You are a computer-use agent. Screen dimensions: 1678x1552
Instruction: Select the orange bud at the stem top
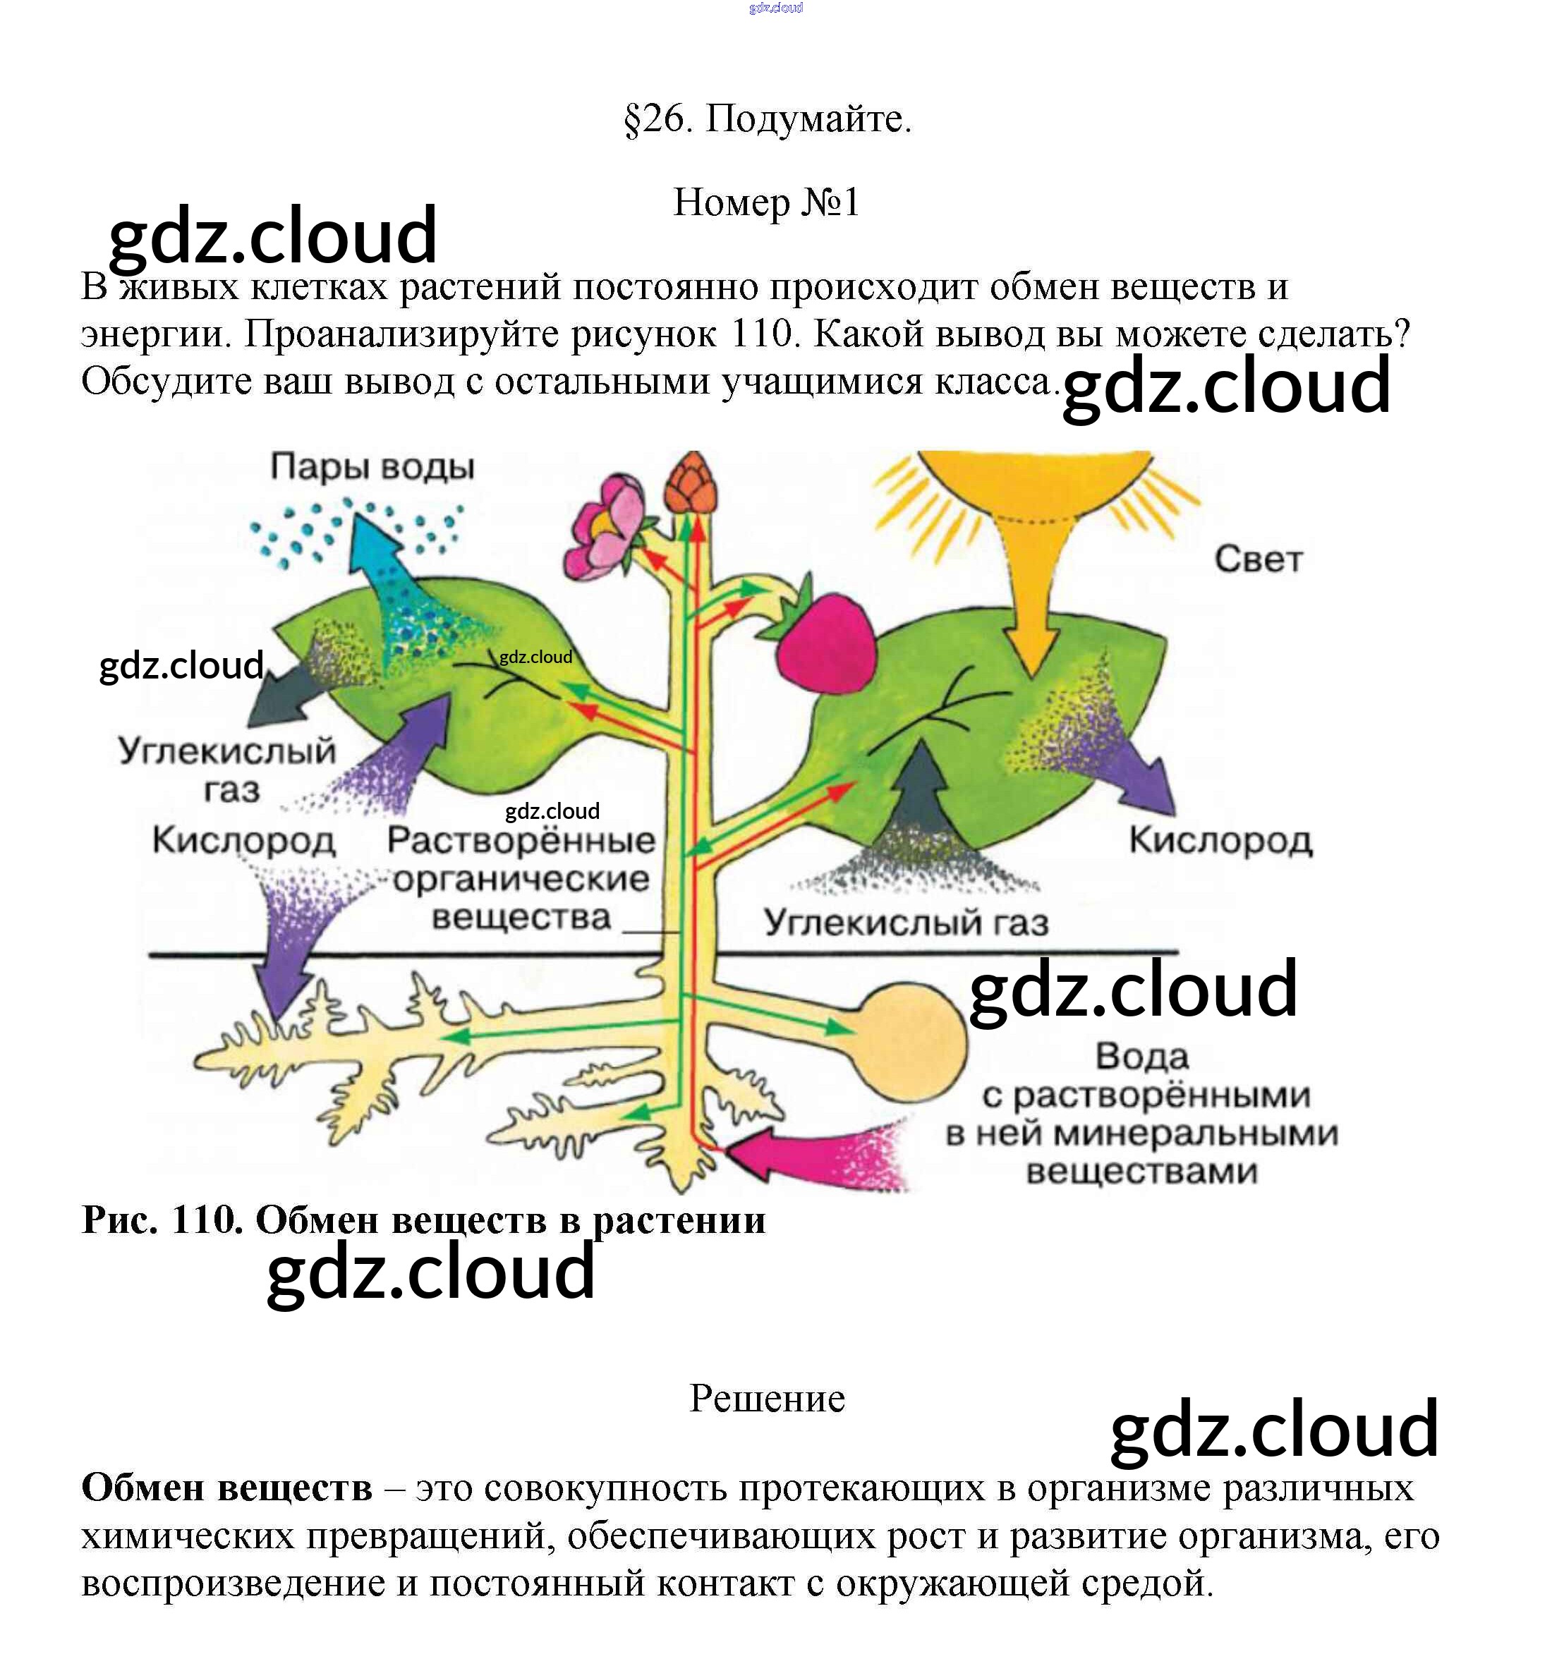click(692, 485)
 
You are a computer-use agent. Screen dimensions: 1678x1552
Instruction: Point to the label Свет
click(1258, 559)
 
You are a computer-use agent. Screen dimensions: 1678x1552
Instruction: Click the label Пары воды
click(372, 467)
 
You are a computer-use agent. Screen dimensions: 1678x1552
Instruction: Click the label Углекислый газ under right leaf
click(907, 923)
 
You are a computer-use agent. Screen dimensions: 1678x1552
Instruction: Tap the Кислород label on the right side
click(1220, 840)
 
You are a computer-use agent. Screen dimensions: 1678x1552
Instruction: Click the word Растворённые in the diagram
click(521, 840)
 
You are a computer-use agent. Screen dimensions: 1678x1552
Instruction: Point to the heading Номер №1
click(766, 202)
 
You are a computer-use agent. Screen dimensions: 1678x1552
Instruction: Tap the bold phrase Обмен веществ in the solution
click(226, 1488)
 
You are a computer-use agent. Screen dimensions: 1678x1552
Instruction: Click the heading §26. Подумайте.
click(767, 119)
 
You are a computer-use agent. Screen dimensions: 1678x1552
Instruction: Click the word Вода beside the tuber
click(1142, 1057)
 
